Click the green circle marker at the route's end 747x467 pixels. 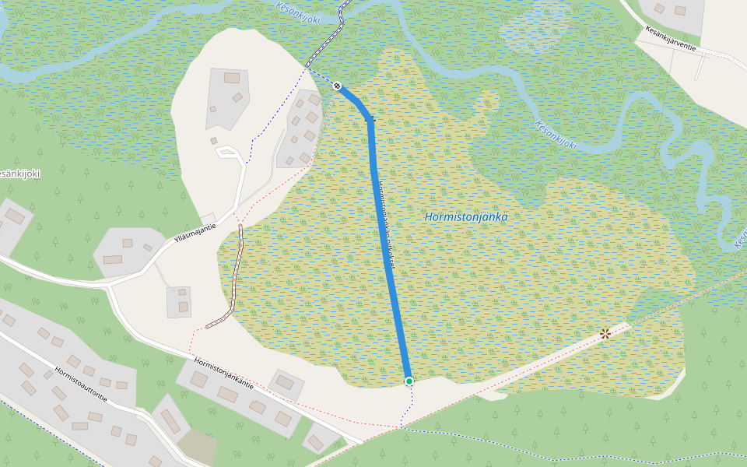[x=409, y=381]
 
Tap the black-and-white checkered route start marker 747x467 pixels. [x=337, y=86]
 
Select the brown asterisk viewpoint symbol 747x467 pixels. [x=605, y=334]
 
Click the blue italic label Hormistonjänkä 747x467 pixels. [x=467, y=217]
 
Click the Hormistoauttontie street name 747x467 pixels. [x=81, y=384]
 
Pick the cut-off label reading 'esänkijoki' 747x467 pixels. [x=20, y=174]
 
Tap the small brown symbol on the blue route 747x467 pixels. [x=371, y=119]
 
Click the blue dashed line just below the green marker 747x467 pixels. [x=408, y=405]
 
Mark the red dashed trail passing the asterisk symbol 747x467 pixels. [x=545, y=358]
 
